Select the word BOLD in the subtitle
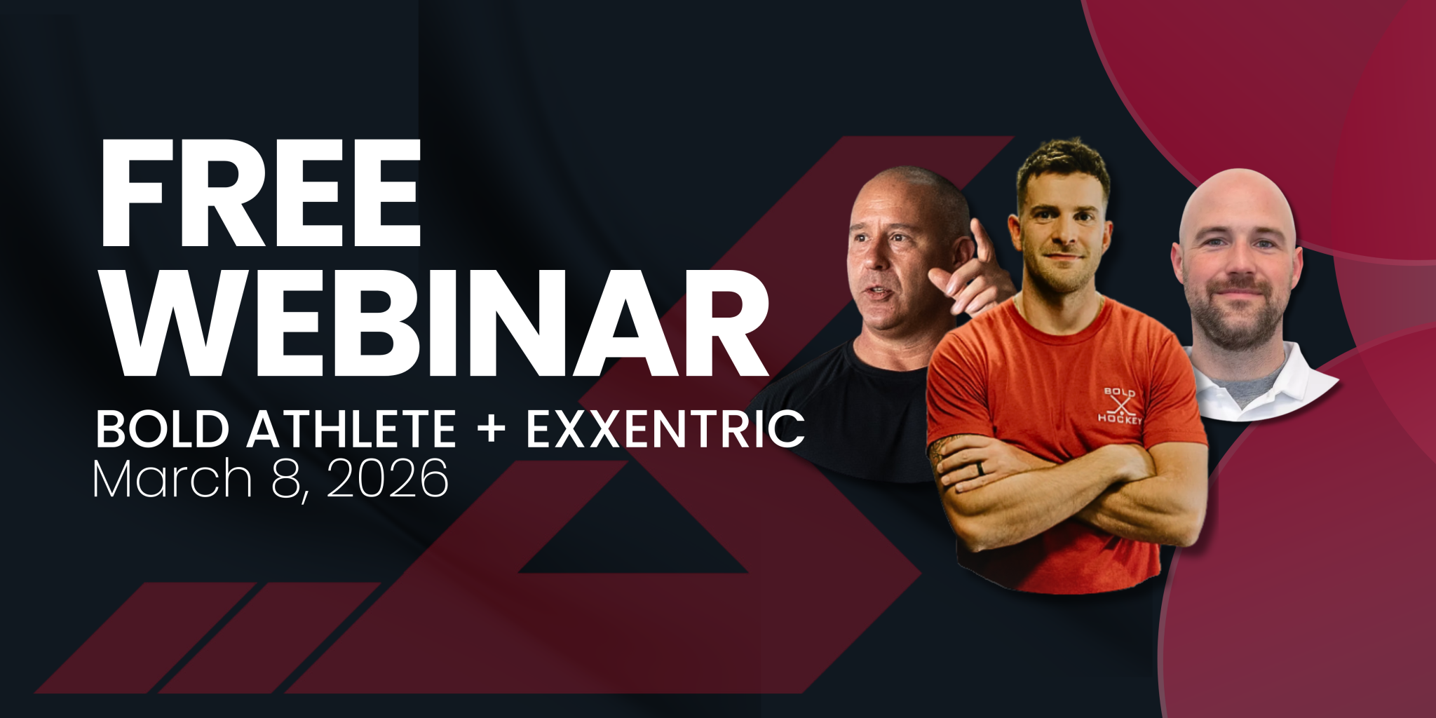(163, 429)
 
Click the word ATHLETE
(351, 429)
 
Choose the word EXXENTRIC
(665, 429)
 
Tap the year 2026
(388, 480)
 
